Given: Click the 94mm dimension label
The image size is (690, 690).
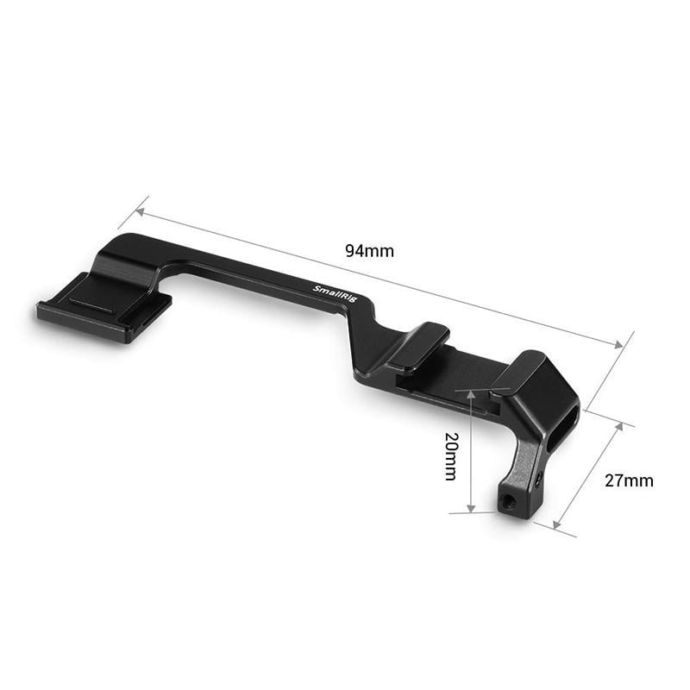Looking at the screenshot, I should [x=369, y=251].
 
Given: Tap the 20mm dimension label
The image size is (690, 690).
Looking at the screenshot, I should [x=449, y=456].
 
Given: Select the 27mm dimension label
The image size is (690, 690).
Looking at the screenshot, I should [x=628, y=480].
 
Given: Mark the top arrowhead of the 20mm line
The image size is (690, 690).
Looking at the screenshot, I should [x=471, y=394].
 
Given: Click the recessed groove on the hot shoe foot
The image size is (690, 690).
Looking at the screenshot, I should [x=91, y=304].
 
